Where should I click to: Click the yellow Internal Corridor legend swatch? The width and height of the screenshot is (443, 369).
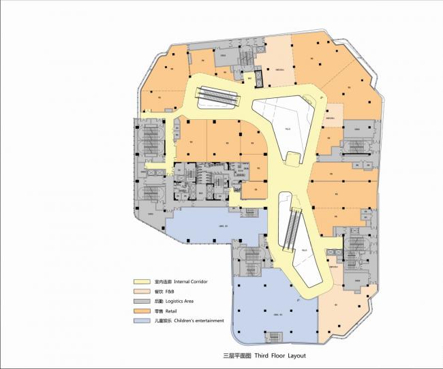(142, 281)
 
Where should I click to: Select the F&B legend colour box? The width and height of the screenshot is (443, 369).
(142, 291)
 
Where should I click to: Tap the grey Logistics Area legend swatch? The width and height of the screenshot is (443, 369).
(142, 301)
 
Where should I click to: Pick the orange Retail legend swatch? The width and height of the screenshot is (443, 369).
(142, 310)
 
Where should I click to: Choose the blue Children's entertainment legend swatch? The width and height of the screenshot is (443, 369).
(142, 320)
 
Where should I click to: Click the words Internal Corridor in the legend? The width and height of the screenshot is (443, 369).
(190, 281)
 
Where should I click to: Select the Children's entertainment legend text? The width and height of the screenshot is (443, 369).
(198, 320)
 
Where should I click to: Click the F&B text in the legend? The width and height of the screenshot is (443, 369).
(169, 291)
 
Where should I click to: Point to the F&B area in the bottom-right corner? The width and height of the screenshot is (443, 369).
(341, 300)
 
